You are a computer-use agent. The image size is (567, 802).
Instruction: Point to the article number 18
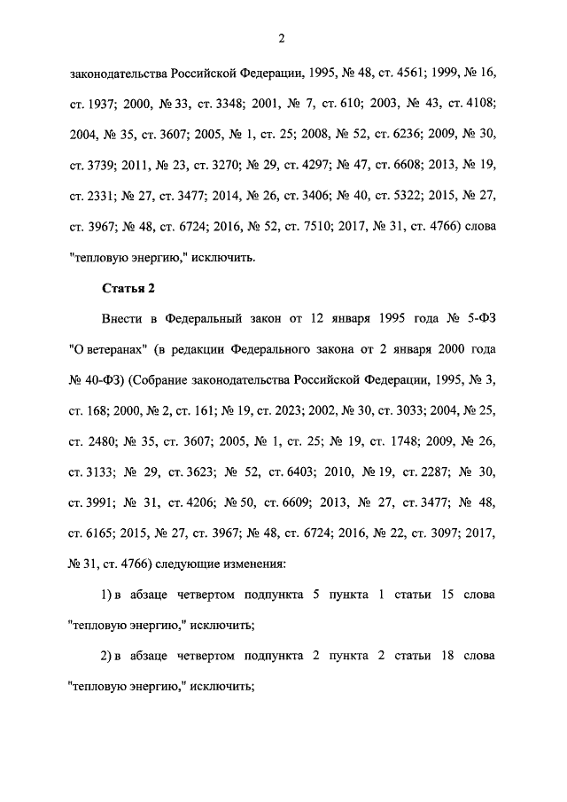tap(446, 659)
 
